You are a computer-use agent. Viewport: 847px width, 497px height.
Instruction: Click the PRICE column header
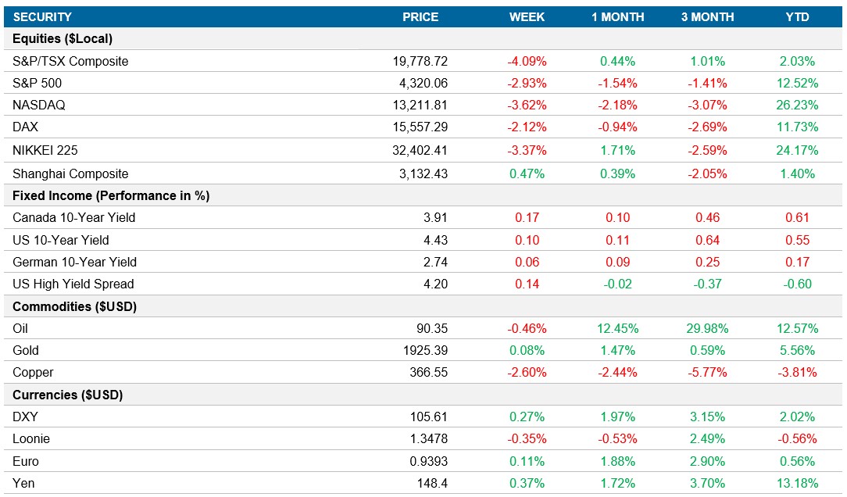coord(420,16)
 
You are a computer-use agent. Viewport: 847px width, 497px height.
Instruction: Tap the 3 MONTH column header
coord(707,16)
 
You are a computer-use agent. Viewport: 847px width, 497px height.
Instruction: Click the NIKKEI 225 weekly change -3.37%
coord(527,150)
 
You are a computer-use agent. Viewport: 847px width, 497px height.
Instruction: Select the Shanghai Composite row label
coord(70,173)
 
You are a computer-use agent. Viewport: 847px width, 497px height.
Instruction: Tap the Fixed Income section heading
coord(111,195)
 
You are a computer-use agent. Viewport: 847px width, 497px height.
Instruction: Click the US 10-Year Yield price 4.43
coord(435,240)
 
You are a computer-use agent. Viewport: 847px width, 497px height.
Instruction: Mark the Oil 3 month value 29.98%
coord(707,328)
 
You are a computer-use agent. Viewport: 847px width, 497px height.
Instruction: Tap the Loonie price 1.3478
coord(429,439)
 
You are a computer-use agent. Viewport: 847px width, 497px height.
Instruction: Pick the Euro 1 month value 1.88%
coord(618,461)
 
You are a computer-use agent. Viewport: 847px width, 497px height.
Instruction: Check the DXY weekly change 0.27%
coord(527,417)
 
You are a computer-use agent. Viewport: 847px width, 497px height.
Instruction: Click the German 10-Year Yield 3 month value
coord(707,262)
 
